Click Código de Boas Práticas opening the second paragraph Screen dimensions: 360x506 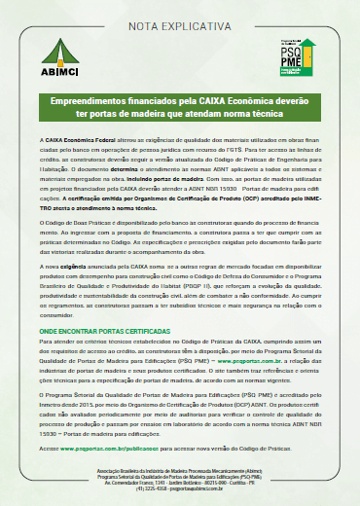point(78,222)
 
